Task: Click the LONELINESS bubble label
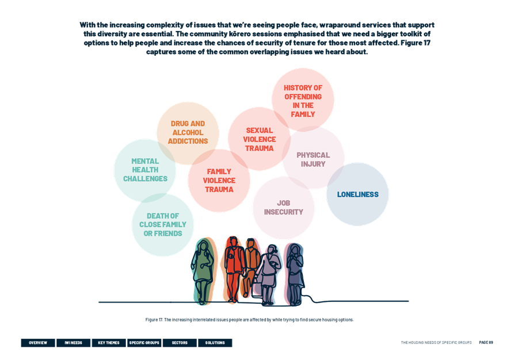(x=357, y=194)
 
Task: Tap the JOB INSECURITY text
(x=284, y=208)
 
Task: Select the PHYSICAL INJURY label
(x=313, y=159)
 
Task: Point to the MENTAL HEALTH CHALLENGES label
(x=145, y=170)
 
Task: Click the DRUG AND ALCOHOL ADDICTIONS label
(x=188, y=132)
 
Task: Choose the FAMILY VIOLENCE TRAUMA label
(x=219, y=181)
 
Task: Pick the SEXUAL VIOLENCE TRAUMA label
(x=259, y=139)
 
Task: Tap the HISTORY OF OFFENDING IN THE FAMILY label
(x=303, y=101)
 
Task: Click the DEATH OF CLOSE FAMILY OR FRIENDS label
(x=163, y=225)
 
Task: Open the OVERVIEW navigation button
(x=38, y=343)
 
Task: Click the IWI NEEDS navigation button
(x=73, y=343)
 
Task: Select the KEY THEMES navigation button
(x=109, y=343)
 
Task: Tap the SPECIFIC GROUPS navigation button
(x=144, y=343)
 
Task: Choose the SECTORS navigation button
(x=180, y=343)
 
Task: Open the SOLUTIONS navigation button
(x=215, y=343)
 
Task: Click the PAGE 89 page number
(x=486, y=343)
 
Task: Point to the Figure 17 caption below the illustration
(x=249, y=320)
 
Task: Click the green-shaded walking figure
(x=204, y=271)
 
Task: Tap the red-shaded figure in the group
(x=233, y=269)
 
